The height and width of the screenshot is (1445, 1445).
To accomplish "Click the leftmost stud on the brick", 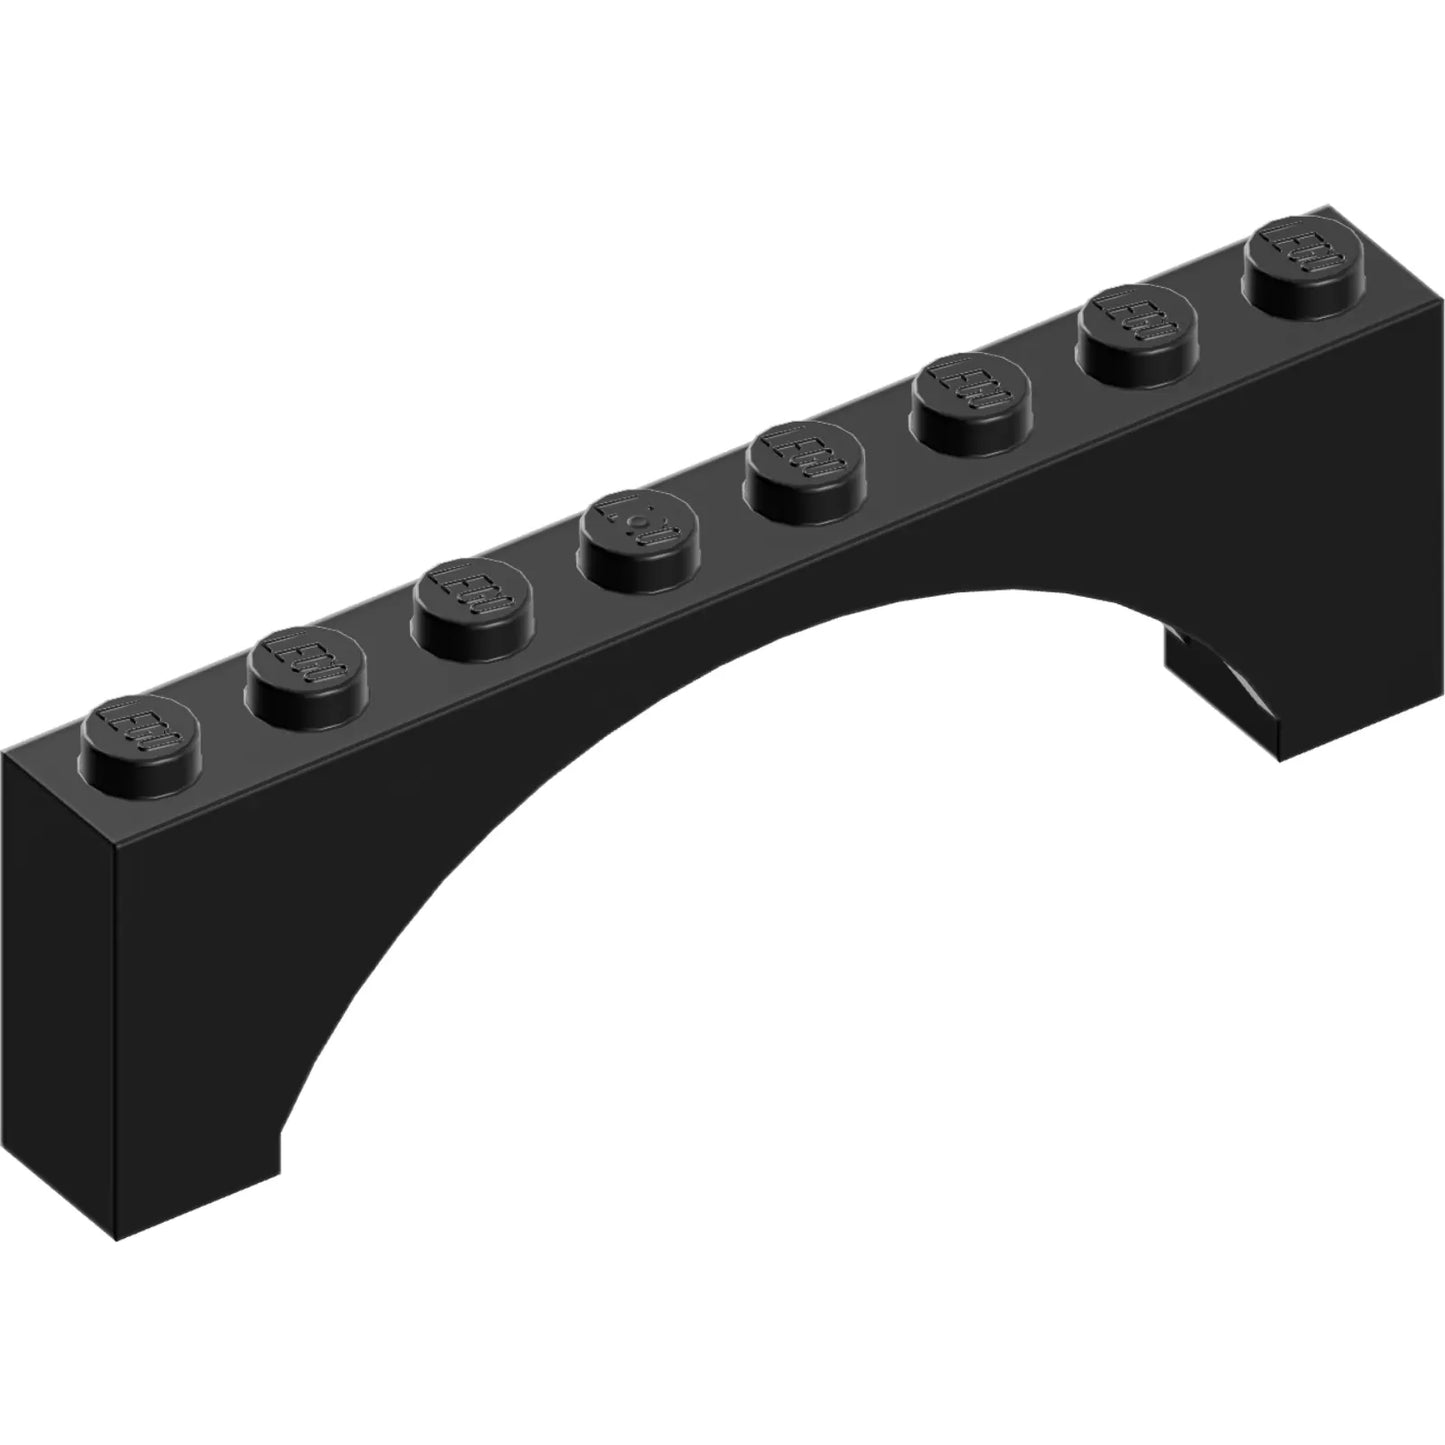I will point(139,728).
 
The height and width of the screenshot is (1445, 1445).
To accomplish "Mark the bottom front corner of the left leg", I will point(117,1240).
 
